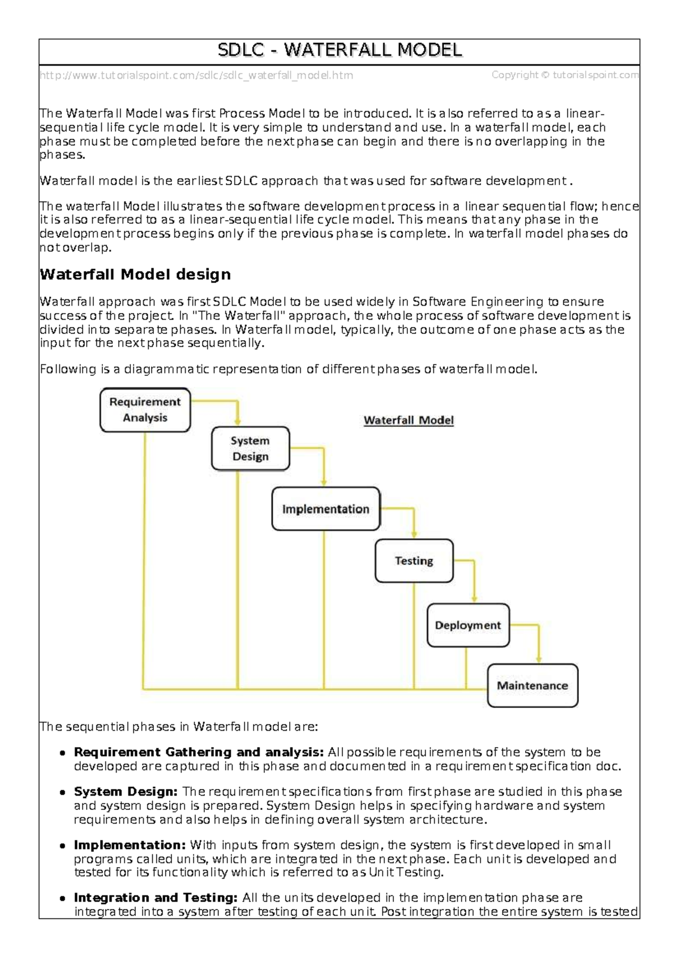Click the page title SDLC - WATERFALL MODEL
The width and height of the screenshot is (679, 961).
click(x=339, y=51)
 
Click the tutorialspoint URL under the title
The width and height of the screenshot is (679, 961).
click(x=196, y=75)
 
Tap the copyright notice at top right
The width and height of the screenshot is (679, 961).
click(x=565, y=75)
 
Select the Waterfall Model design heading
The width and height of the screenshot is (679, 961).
click(x=135, y=274)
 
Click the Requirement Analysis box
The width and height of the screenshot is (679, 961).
click(x=145, y=410)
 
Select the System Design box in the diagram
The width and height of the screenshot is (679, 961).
click(x=250, y=449)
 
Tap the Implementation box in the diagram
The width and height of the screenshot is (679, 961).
click(x=325, y=509)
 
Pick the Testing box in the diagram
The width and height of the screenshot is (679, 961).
click(x=414, y=561)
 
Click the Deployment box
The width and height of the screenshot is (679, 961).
click(x=468, y=625)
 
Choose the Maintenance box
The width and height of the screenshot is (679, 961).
click(x=532, y=686)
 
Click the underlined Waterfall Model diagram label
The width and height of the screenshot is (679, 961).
click(x=409, y=421)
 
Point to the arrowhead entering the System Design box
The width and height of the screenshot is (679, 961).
click(x=238, y=422)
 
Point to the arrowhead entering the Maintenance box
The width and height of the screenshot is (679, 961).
click(x=539, y=659)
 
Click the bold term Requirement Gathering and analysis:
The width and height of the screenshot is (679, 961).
click(x=199, y=752)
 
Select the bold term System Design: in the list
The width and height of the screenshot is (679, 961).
click(x=126, y=792)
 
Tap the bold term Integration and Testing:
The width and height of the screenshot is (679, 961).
click(x=156, y=898)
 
